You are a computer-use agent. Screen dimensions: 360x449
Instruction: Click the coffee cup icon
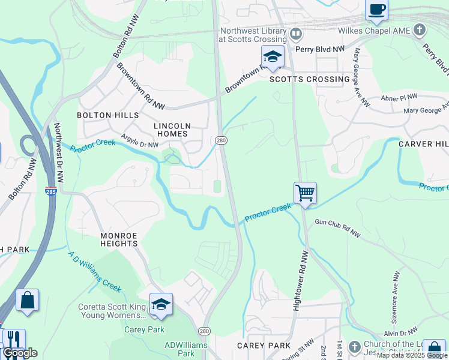point(376,10)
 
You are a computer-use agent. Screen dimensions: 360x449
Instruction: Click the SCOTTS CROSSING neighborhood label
point(309,79)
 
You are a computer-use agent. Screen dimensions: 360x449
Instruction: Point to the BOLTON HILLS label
point(108,115)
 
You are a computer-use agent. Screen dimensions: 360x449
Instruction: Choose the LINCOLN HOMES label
point(172,130)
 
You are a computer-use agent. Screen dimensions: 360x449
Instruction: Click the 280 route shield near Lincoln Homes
point(220,139)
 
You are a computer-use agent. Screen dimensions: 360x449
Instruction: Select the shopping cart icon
point(305,193)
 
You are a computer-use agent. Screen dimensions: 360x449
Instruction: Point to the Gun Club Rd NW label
point(337,227)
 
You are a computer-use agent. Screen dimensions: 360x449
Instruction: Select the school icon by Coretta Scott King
point(161,304)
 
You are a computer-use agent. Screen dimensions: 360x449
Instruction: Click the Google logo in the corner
point(20,353)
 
